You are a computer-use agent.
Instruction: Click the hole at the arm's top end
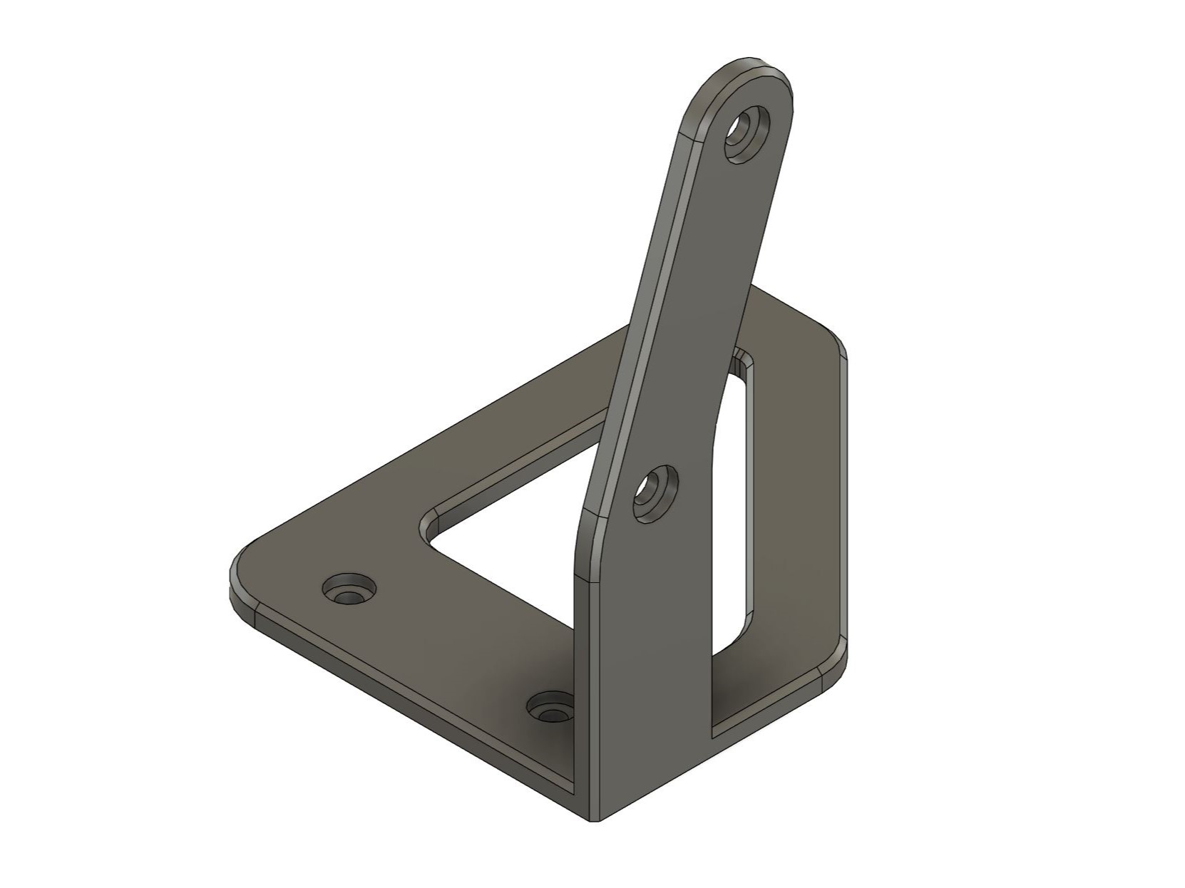(x=747, y=135)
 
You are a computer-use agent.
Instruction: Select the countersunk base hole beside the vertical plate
(x=550, y=709)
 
